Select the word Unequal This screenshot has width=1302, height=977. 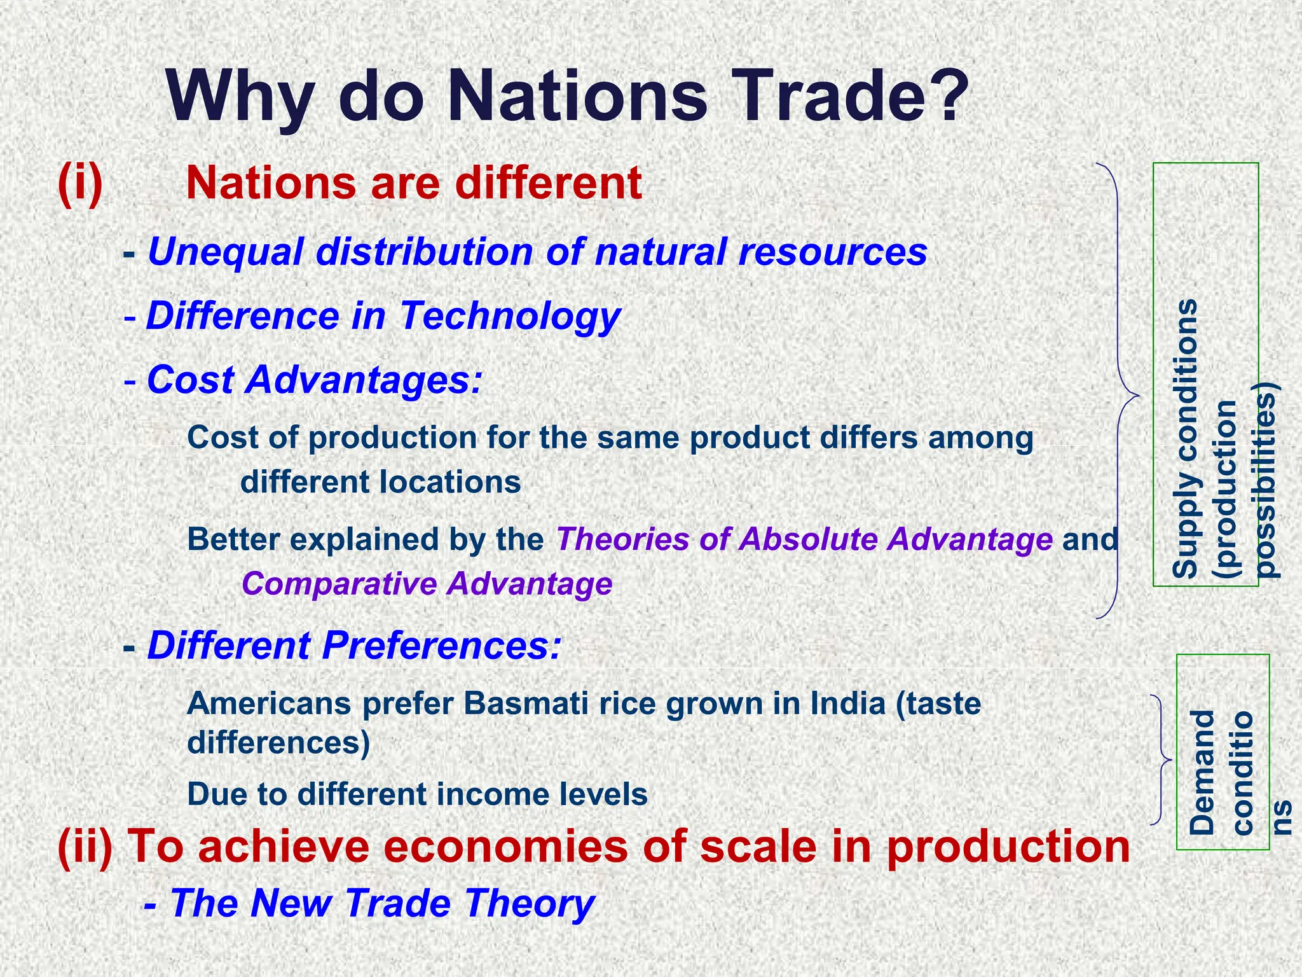point(225,251)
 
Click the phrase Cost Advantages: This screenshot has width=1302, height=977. point(315,380)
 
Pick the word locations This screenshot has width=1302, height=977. point(451,482)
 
